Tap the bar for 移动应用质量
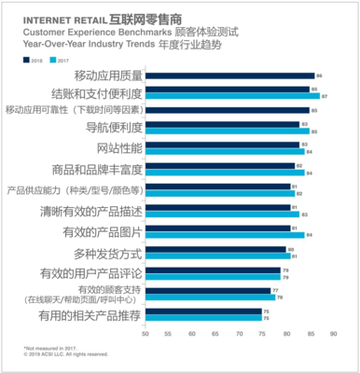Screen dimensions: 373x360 click(x=232, y=75)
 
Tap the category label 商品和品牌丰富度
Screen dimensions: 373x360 click(x=102, y=168)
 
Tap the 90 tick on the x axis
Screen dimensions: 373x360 click(x=332, y=331)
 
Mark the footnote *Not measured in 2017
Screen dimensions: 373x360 click(x=48, y=347)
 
